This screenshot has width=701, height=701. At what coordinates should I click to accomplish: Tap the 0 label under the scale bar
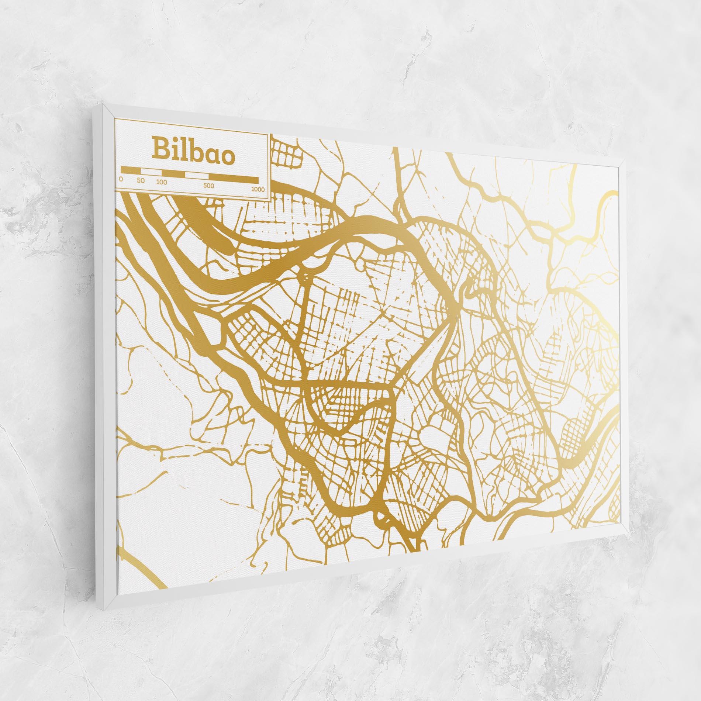click(x=121, y=179)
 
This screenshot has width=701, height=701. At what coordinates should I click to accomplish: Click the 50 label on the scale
click(x=141, y=181)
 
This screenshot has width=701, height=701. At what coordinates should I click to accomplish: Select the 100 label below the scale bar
click(x=162, y=182)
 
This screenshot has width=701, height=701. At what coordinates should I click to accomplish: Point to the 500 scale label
click(x=208, y=185)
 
